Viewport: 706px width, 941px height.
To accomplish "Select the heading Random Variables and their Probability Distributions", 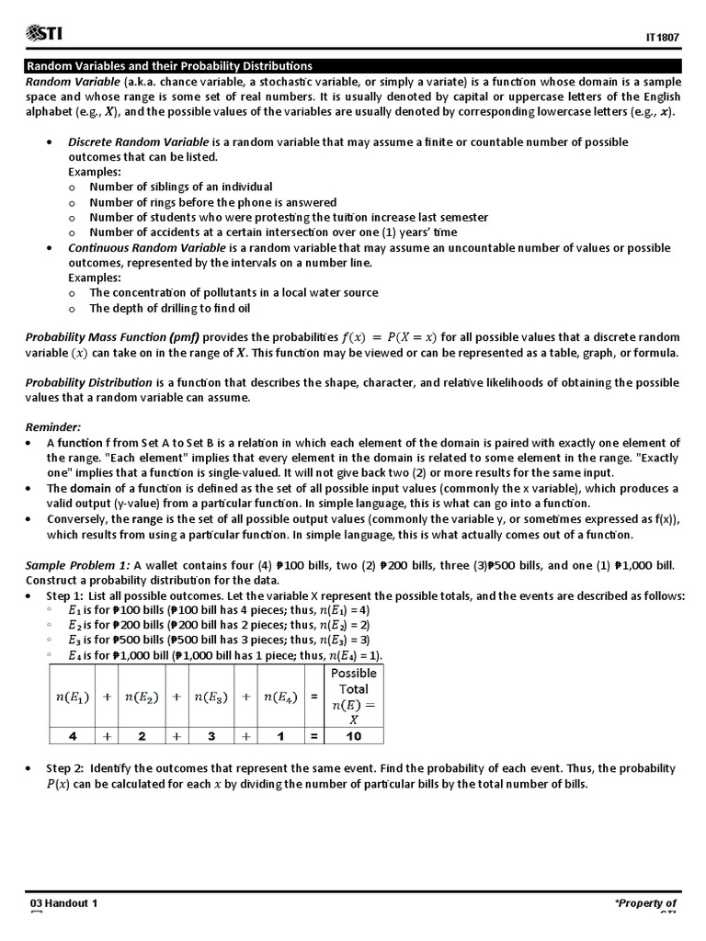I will pos(168,66).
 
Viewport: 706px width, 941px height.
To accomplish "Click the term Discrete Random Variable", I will pos(139,142).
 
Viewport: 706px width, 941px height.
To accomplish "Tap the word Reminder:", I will pos(53,427).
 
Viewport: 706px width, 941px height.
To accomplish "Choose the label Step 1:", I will pos(65,595).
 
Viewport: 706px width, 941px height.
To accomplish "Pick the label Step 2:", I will pos(65,768).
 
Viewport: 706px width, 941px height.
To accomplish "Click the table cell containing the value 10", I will pos(353,736).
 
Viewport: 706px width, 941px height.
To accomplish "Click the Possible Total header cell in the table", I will pos(353,696).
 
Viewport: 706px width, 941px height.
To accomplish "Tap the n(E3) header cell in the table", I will pos(211,697).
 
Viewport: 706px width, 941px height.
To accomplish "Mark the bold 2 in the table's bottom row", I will pos(142,736).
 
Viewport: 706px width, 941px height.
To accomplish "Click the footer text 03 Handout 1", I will pos(63,903).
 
